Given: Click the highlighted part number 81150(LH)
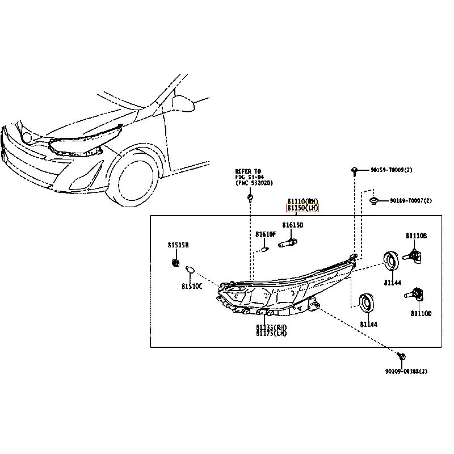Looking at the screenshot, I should coord(302,208).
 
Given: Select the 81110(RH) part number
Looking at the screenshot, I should coord(302,201).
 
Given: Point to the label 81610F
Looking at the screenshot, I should coord(266,234).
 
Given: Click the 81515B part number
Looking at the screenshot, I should coord(178,245).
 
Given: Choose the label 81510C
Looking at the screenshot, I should coord(192,287).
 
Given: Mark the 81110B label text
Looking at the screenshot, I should coord(416,236).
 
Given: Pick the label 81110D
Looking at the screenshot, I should coord(421,313).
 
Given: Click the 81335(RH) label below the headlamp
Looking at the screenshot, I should coord(271,327).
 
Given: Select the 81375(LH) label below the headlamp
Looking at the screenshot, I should coord(271,334).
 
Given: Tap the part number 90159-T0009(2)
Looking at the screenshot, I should coord(392,170).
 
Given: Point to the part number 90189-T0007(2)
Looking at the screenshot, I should coord(410,201).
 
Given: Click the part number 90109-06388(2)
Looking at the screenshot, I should coord(406,371).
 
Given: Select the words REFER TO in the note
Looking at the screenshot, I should coord(249,171).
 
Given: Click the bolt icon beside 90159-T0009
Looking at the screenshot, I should coord(354,170).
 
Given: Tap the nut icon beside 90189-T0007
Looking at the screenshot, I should coord(374,200).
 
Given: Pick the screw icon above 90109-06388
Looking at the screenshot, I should coord(402,356).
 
